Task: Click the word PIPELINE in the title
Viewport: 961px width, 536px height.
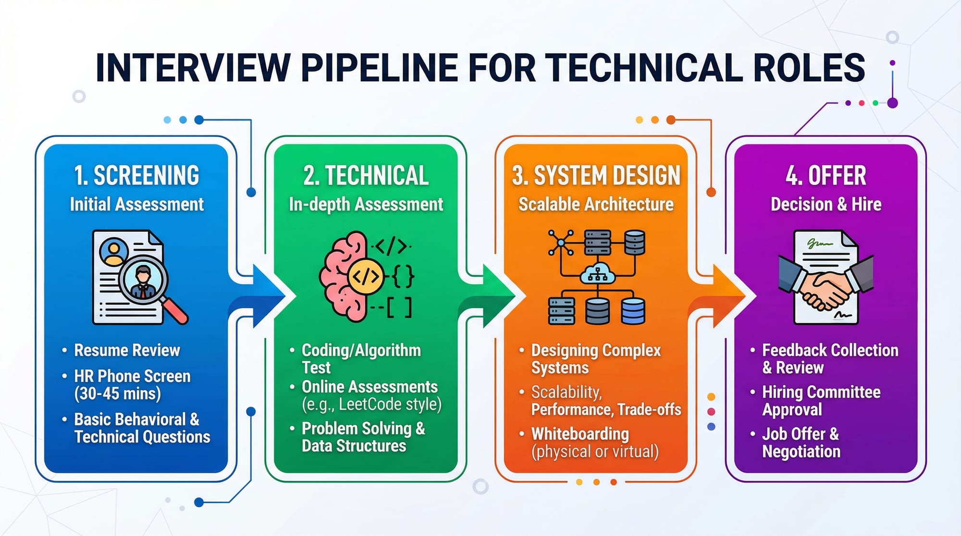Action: point(379,67)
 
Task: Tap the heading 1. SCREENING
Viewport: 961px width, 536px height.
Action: point(136,175)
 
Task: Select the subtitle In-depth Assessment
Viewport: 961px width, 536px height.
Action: point(366,204)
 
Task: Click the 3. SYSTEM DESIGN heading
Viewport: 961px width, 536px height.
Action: point(596,175)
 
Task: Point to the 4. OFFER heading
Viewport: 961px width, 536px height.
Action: point(825,175)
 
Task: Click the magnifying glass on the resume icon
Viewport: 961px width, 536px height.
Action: point(144,281)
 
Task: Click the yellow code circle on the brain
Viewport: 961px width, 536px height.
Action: point(366,276)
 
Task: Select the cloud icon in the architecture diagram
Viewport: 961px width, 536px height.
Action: point(597,274)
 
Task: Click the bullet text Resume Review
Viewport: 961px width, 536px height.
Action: point(127,350)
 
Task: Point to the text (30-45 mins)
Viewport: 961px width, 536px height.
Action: point(118,394)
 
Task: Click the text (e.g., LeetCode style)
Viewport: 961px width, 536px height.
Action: point(371,404)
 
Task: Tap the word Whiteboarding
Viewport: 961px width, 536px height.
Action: point(580,434)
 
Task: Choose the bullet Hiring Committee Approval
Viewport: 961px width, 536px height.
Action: point(821,401)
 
